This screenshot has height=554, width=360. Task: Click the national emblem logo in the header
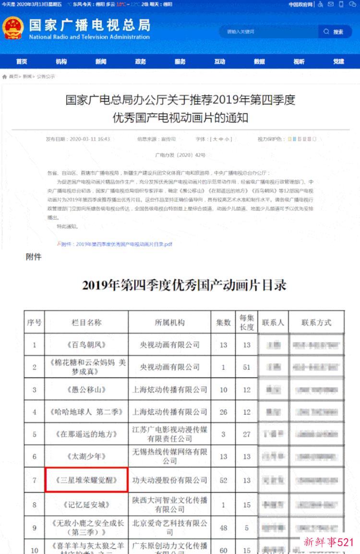tap(13, 28)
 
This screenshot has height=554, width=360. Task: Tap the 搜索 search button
tap(335, 32)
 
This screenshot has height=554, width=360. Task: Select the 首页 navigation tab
tap(22, 61)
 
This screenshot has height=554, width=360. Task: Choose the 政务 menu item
tap(140, 61)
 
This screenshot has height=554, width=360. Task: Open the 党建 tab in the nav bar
tap(338, 61)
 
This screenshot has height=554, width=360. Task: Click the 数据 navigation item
tap(259, 61)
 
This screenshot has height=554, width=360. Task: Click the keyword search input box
tap(269, 32)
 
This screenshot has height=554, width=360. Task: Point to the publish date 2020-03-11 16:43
tap(78, 139)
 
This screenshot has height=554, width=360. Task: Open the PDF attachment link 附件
tap(116, 244)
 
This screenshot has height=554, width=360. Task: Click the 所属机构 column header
tap(169, 322)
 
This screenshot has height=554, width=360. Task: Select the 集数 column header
tap(223, 322)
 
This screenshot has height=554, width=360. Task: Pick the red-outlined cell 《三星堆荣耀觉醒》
tap(86, 480)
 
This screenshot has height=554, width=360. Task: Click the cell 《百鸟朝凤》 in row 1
tap(86, 345)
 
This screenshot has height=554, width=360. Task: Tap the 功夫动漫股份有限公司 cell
tap(169, 480)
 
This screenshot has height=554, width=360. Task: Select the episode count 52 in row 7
tap(223, 480)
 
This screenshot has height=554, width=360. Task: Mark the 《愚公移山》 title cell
tap(86, 389)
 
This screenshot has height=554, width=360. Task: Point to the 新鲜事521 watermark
tap(329, 542)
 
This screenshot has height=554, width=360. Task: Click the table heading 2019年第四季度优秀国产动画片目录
tap(184, 286)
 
